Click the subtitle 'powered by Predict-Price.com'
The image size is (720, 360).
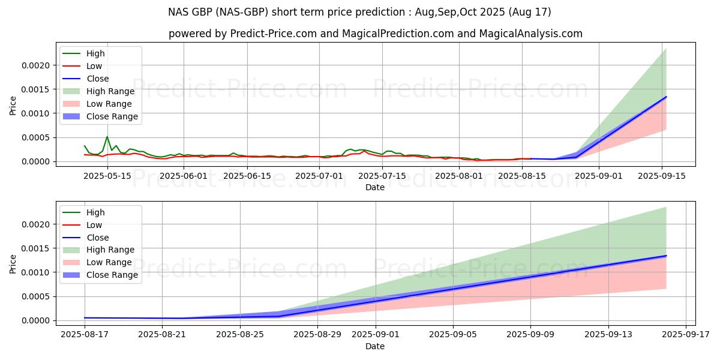(375, 34)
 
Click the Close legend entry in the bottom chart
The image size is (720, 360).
(98, 238)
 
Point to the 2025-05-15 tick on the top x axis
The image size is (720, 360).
(107, 176)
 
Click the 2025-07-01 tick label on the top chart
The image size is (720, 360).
(319, 176)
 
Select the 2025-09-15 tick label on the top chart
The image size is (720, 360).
(662, 176)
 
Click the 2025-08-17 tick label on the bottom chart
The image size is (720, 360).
(85, 335)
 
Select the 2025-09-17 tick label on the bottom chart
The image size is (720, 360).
(686, 335)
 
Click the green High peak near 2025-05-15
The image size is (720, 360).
(107, 137)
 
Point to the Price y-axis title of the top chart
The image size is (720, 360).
(13, 105)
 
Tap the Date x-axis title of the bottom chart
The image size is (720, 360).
(375, 346)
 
